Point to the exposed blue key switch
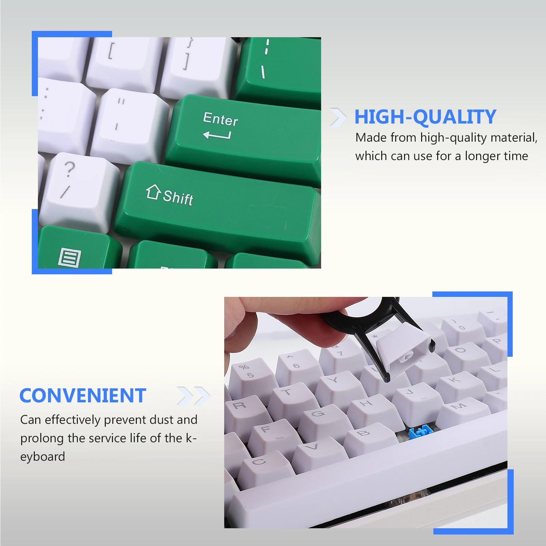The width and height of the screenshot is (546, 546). [420, 433]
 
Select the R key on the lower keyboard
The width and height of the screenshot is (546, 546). [242, 409]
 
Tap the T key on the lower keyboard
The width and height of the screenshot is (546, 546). [290, 396]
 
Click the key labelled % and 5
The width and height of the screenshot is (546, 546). [249, 374]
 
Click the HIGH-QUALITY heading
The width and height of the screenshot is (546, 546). [425, 117]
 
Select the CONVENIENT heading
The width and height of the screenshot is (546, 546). [83, 396]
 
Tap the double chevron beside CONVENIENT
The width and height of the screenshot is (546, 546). [193, 396]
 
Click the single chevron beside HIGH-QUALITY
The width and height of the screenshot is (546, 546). [338, 117]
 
